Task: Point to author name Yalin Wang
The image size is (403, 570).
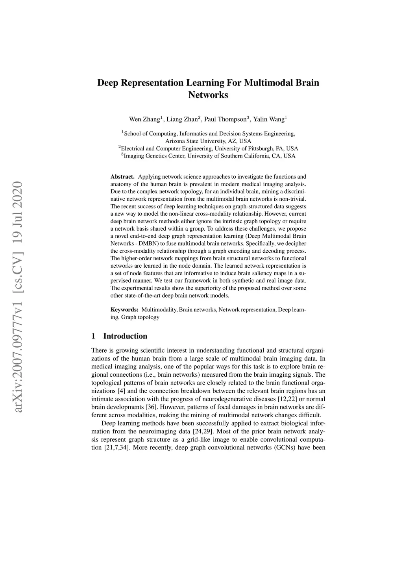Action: [x=269, y=119]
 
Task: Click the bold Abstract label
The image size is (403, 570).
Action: [x=122, y=177]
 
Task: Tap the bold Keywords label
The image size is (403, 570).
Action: [x=124, y=310]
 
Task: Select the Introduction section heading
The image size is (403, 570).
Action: [x=125, y=336]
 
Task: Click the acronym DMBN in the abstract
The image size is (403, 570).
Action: [x=140, y=244]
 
